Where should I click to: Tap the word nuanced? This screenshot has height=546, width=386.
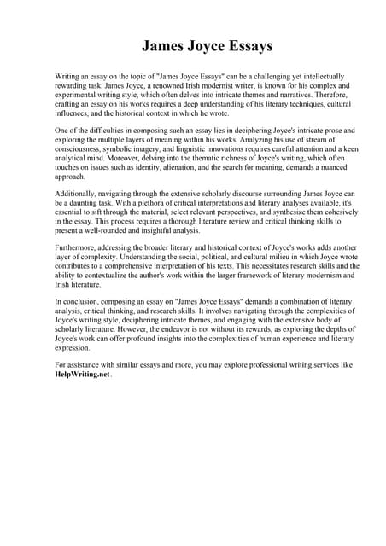pos(313,168)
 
